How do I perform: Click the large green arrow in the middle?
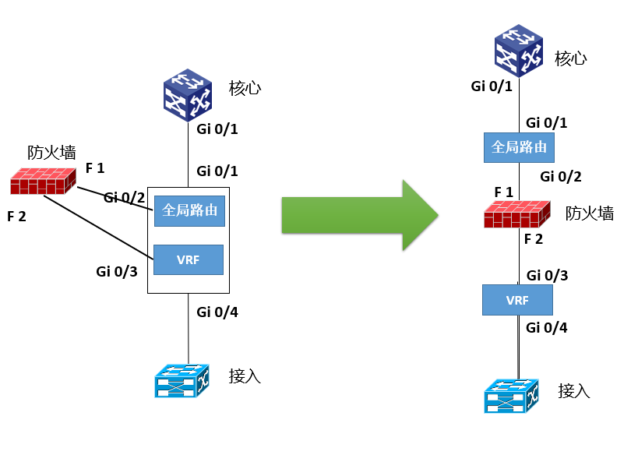point(358,215)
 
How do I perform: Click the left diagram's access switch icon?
point(182,379)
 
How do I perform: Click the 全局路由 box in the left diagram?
point(190,210)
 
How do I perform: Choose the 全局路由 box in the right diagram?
point(519,146)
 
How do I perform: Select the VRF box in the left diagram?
point(189,259)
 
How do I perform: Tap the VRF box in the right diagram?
point(517,299)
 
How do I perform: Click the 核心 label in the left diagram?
point(245,87)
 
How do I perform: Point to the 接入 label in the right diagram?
point(574,390)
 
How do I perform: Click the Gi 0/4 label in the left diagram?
point(217,313)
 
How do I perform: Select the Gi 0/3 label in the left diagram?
point(117,271)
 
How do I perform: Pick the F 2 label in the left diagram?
point(16,216)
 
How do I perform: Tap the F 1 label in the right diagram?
point(504,192)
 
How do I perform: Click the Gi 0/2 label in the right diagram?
point(561,177)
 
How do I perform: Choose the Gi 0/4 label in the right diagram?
point(547,328)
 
